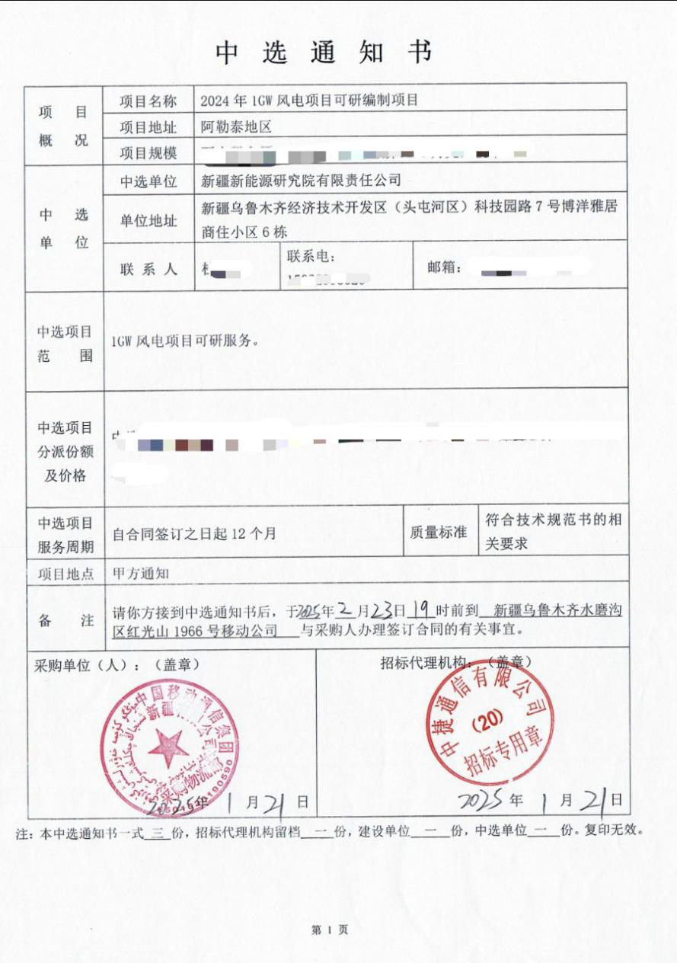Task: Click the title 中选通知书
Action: point(324,53)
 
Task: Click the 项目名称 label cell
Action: point(148,101)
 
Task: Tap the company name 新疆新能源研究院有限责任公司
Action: point(300,181)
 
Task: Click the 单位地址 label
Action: point(148,221)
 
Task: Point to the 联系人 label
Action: point(148,269)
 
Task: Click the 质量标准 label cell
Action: point(438,533)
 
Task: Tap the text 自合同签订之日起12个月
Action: point(193,534)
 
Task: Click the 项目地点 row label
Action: point(65,574)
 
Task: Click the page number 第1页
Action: point(330,929)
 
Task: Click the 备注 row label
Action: point(65,619)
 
